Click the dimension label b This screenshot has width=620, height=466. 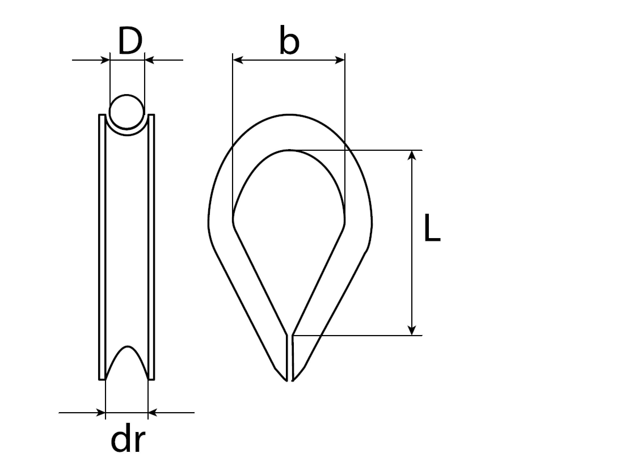coord(289,40)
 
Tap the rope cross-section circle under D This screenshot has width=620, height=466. coord(126,112)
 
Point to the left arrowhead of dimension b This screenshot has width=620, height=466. coord(238,60)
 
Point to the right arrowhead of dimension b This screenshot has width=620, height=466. coord(340,60)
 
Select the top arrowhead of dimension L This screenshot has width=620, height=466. coord(412,155)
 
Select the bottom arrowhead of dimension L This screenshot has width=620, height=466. coord(412,330)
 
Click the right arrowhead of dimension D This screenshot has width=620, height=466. coord(149,60)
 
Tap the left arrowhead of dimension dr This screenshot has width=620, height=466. coord(101,412)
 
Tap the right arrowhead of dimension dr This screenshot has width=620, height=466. coord(152,412)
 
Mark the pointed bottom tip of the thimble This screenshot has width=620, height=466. coord(290,380)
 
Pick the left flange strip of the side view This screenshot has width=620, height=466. coord(102,247)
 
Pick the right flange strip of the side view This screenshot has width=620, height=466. coord(151,247)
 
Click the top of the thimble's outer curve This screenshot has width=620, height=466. coord(289,115)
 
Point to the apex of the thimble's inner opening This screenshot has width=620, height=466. coord(289,150)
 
